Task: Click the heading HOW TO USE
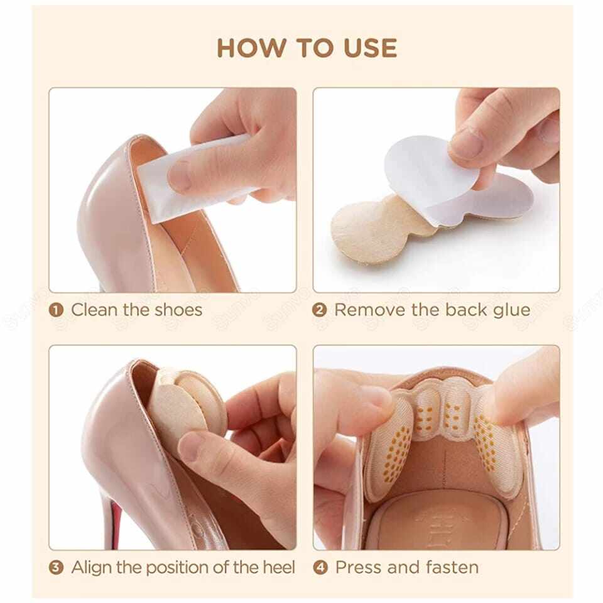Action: tap(307, 48)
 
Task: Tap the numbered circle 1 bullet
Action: tap(57, 310)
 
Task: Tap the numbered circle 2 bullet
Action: tap(320, 310)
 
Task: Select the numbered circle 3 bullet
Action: tap(57, 568)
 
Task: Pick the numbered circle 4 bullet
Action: tap(320, 568)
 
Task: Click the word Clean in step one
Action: tap(92, 310)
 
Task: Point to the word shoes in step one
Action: tap(176, 310)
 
